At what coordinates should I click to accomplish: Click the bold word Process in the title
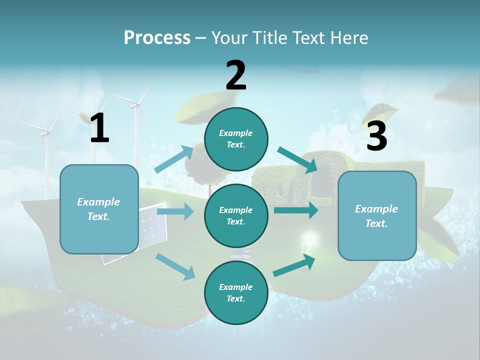pyautogui.click(x=157, y=37)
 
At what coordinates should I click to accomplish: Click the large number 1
pyautogui.click(x=99, y=128)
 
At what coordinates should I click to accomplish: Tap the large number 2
pyautogui.click(x=236, y=75)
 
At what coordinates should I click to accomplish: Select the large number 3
pyautogui.click(x=376, y=136)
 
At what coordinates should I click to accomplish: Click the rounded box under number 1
pyautogui.click(x=99, y=209)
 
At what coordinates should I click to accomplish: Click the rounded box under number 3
pyautogui.click(x=377, y=216)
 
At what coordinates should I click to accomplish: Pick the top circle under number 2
pyautogui.click(x=236, y=139)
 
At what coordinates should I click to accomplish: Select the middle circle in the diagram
pyautogui.click(x=236, y=216)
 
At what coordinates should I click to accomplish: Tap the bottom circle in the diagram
pyautogui.click(x=236, y=292)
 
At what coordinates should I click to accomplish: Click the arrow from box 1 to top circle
pyautogui.click(x=174, y=159)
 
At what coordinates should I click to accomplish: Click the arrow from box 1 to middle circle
pyautogui.click(x=175, y=211)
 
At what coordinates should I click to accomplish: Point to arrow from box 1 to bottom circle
pyautogui.click(x=175, y=266)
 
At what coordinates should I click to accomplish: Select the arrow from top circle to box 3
pyautogui.click(x=298, y=160)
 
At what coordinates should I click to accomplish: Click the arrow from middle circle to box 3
pyautogui.click(x=296, y=210)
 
